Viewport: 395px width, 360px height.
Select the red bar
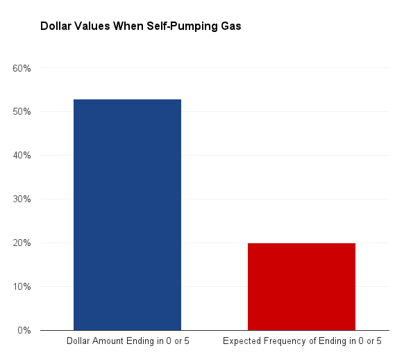pyautogui.click(x=301, y=286)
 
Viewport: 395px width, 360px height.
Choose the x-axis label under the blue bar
pyautogui.click(x=127, y=341)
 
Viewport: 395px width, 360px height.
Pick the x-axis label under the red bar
pyautogui.click(x=301, y=341)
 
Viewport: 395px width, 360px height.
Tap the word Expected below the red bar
pyautogui.click(x=239, y=342)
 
